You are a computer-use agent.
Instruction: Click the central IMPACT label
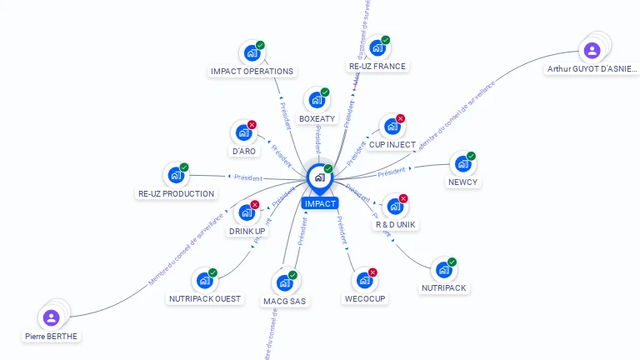click(320, 203)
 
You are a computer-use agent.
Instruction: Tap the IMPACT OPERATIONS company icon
click(251, 54)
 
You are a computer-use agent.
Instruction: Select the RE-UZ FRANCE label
click(377, 67)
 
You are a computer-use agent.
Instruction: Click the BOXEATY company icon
click(316, 101)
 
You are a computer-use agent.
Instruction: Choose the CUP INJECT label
click(392, 145)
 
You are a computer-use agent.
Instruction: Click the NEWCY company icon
click(462, 164)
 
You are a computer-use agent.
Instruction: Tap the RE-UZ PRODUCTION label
click(176, 193)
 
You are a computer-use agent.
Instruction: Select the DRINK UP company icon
click(246, 213)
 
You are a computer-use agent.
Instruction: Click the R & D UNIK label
click(395, 225)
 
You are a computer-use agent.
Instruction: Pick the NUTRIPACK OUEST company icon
click(204, 282)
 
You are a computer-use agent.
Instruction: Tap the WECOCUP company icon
click(364, 281)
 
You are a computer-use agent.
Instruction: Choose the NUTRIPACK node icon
click(443, 271)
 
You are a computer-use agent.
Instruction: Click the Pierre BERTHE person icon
click(51, 317)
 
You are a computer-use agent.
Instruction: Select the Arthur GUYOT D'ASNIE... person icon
click(592, 50)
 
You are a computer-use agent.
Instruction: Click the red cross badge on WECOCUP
click(373, 272)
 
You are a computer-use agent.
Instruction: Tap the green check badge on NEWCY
click(471, 156)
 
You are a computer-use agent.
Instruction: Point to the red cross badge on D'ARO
click(252, 125)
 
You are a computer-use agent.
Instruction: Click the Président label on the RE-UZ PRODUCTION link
click(248, 177)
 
